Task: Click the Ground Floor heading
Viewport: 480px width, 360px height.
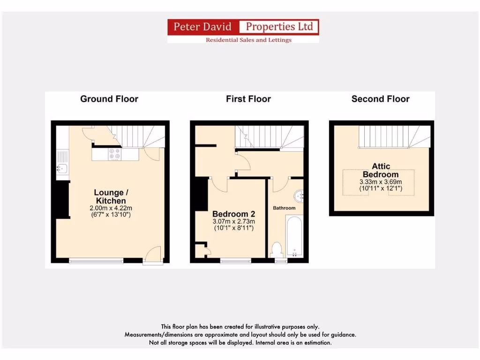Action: tap(109, 99)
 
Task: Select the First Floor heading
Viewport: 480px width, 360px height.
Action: tap(248, 99)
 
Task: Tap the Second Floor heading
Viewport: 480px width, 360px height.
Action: tap(380, 99)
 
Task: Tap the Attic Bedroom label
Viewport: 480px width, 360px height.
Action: tap(381, 170)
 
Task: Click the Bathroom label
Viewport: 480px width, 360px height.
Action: tap(285, 208)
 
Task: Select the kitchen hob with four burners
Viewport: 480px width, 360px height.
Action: tap(114, 154)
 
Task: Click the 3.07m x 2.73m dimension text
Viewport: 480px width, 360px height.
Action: tap(233, 222)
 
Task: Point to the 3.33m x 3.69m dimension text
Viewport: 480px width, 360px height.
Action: tap(381, 182)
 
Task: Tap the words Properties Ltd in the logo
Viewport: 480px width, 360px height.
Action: tap(279, 27)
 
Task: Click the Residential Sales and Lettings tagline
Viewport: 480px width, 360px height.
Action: tap(248, 40)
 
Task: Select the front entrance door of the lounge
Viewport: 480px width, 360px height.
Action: tap(152, 256)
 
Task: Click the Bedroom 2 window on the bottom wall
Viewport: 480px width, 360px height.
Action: tap(235, 261)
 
